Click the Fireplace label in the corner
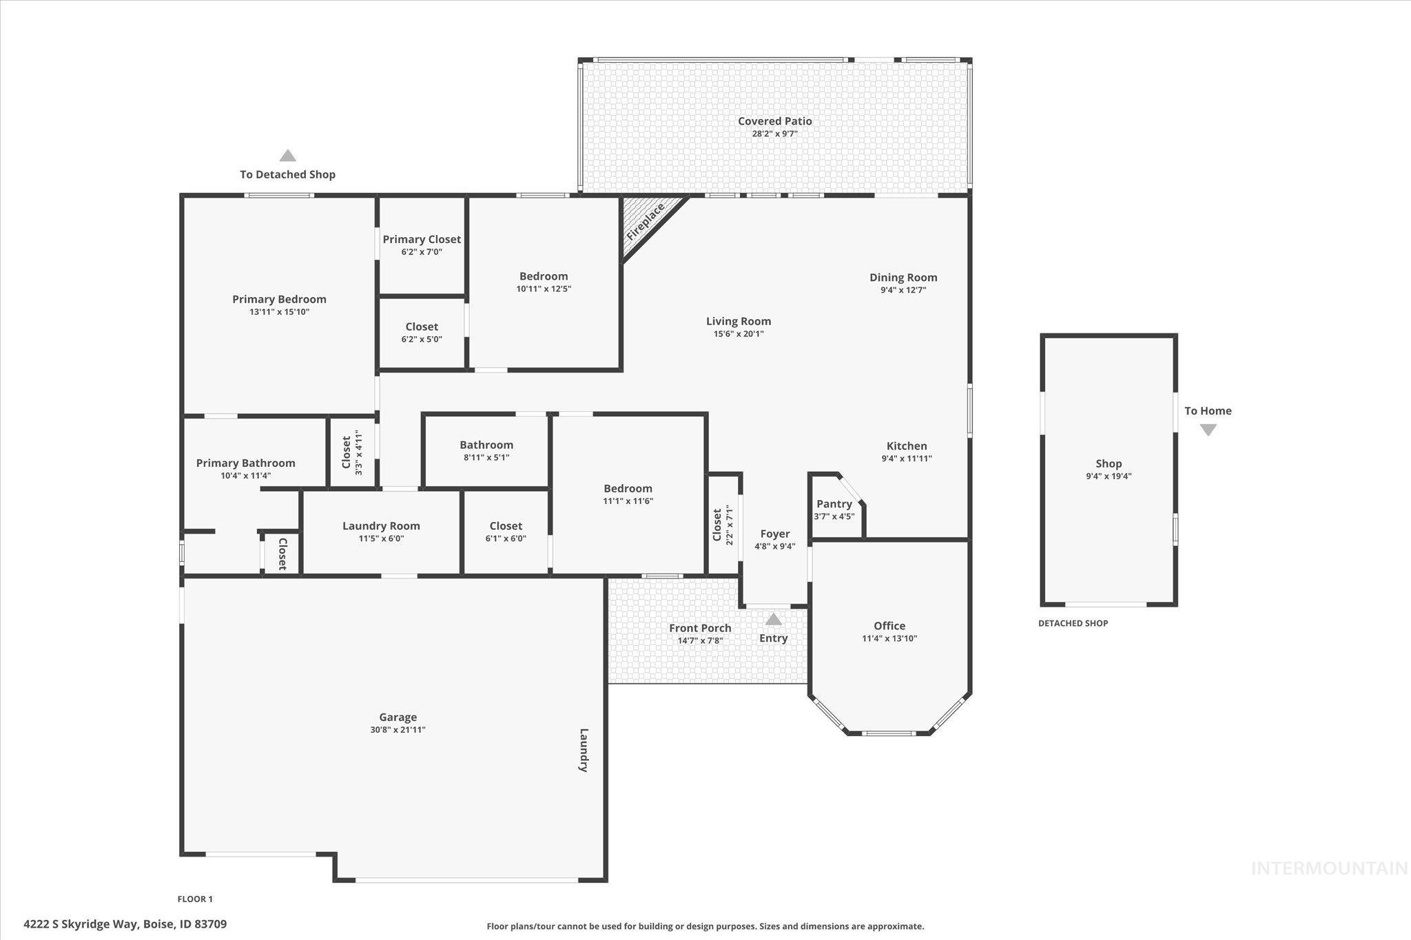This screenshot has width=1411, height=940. tap(646, 222)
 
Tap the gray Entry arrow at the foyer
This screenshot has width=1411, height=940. tap(774, 619)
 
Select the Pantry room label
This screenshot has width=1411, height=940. tap(834, 504)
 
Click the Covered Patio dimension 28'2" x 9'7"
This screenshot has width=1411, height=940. tap(774, 134)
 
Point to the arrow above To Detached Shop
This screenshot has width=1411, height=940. tap(287, 156)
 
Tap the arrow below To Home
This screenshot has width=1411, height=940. tap(1208, 430)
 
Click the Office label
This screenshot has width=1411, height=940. tap(889, 626)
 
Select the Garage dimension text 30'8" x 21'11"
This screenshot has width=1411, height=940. tap(398, 730)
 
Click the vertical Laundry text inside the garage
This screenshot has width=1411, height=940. tap(584, 750)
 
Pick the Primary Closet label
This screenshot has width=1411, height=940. tap(422, 240)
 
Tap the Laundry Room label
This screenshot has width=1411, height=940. tap(381, 526)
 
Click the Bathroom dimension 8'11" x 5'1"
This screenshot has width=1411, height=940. tap(486, 457)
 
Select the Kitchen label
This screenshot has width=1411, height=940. tap(907, 446)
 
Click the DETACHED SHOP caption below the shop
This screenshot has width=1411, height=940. tap(1073, 623)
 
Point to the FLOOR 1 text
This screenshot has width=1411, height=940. tap(195, 899)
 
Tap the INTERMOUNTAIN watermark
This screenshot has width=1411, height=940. tap(1329, 869)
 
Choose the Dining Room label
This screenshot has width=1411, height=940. tap(903, 278)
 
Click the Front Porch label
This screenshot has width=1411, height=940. tap(700, 628)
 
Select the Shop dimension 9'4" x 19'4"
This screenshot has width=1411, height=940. tap(1109, 476)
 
